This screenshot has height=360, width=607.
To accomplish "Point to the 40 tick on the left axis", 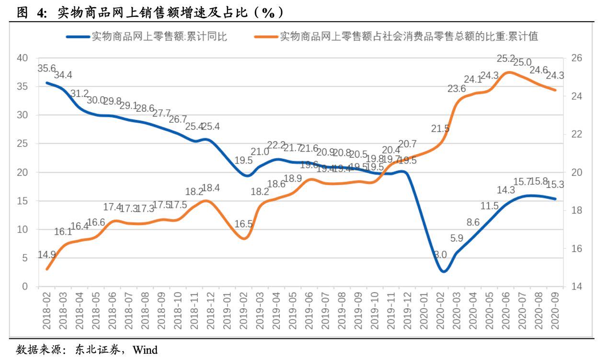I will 23,58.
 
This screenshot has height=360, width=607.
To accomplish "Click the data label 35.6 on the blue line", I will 46,69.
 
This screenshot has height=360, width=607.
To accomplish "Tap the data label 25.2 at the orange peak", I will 506,59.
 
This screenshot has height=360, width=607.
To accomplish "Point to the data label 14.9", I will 46,255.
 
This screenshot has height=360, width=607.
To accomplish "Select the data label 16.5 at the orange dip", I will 243,223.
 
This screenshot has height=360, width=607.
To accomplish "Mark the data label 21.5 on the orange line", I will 440,128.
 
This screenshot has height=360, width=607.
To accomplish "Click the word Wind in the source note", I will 145,349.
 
